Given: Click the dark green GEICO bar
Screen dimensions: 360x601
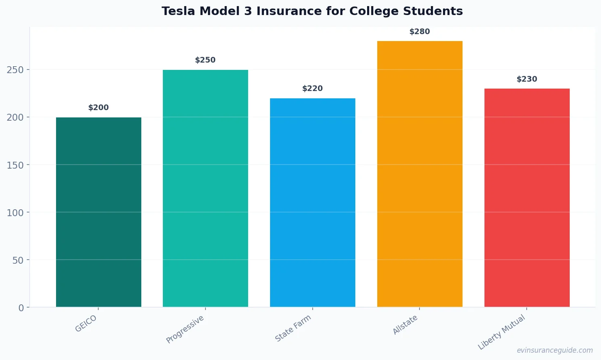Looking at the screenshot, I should pos(99,212).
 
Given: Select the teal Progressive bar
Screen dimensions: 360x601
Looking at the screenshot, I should pos(205,188).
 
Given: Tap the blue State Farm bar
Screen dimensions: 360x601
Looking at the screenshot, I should pos(313,202).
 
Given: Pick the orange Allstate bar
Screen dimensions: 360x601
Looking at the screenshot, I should pos(420,174).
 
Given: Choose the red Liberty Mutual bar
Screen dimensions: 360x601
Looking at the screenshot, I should pos(527,197).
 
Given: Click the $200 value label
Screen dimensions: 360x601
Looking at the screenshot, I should pos(99,108).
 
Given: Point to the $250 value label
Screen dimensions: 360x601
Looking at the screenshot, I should pos(205,60).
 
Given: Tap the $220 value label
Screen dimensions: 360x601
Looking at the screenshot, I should pos(313,89).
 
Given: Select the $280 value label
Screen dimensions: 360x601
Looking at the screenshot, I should pos(419,32).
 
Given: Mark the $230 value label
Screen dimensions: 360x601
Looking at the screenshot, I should pos(527,79).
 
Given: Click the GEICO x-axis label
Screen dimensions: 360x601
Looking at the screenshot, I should pos(86,324).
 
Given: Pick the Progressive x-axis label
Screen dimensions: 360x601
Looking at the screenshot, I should pos(185,329).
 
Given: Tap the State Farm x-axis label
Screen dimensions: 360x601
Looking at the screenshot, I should pos(293,328).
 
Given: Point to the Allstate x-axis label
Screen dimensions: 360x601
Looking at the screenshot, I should pos(405,325).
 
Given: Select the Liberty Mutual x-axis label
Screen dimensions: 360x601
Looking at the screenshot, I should pos(502,332).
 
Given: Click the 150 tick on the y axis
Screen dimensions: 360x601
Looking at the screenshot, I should pos(15,165).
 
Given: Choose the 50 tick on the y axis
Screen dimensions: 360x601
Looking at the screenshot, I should pos(18,260).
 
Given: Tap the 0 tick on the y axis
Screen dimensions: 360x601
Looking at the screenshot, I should pos(21,308).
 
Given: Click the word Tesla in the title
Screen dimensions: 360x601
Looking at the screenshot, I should pos(178,11).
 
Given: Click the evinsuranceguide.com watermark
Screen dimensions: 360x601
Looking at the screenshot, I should pos(555,350).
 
